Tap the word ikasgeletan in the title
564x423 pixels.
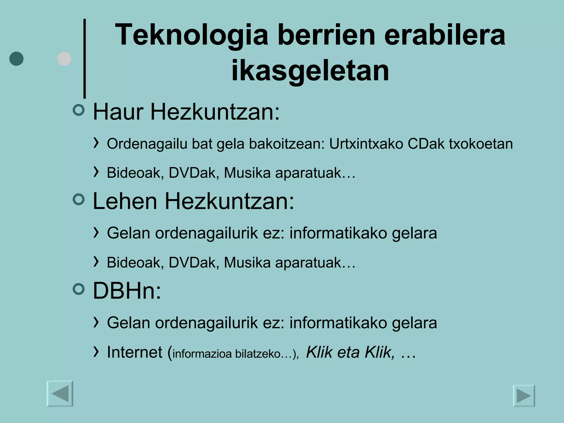[x=310, y=71]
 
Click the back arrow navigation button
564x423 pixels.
[x=60, y=394]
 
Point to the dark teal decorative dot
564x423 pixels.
[x=16, y=59]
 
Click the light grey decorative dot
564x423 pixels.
[x=64, y=59]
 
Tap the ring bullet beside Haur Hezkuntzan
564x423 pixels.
[x=79, y=110]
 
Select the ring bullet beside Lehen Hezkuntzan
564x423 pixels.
[x=79, y=199]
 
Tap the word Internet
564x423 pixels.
[x=135, y=352]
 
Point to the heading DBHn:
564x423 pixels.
[x=127, y=291]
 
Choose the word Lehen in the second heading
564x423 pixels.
[x=125, y=201]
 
